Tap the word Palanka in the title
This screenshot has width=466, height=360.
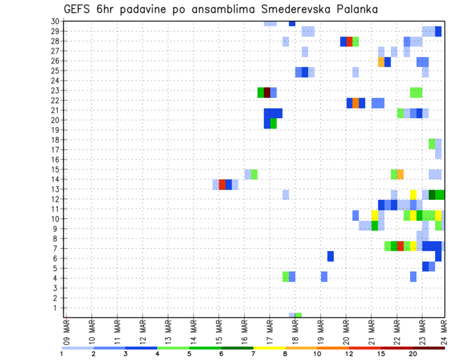point(357,9)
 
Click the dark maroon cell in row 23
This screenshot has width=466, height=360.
point(267,92)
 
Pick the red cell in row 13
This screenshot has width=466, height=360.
point(222,184)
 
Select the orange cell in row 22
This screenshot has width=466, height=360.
point(356,103)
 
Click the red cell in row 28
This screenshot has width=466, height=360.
point(349,41)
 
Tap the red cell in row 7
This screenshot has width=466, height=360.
point(400,246)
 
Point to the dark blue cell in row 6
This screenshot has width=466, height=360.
point(331,256)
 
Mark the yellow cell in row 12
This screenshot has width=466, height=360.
point(413,195)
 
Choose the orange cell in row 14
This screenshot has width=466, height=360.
point(400,174)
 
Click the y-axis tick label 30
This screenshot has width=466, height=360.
point(55,21)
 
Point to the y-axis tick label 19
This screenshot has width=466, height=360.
point(55,130)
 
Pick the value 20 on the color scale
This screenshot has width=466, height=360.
point(413,354)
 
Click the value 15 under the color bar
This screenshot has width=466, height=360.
point(381,354)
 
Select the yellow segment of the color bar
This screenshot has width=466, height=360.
point(269,348)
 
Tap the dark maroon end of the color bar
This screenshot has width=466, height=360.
point(429,348)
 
